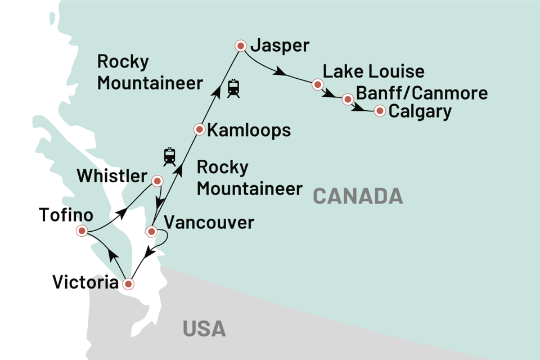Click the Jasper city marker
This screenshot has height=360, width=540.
(x=241, y=46)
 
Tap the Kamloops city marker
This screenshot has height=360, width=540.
(x=199, y=129)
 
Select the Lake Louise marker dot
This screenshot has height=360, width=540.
(x=317, y=85)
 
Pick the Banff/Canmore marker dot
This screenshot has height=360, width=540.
(x=348, y=100)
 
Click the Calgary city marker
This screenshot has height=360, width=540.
(x=380, y=111)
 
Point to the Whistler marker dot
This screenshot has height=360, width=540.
(x=157, y=181)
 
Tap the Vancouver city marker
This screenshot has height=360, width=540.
(x=151, y=231)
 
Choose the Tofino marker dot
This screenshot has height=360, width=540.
(x=82, y=230)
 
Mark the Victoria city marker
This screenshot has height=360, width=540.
(x=129, y=284)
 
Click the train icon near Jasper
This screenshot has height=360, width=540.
(x=233, y=88)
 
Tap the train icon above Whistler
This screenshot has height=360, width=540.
(x=169, y=156)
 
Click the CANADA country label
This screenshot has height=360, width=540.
(x=358, y=196)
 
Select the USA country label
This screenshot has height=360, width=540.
(x=204, y=328)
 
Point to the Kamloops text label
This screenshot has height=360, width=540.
(x=249, y=130)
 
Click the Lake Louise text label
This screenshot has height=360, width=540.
(x=373, y=72)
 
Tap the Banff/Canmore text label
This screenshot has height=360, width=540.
(x=422, y=93)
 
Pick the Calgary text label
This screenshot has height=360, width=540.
(x=420, y=111)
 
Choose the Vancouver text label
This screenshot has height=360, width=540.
(x=208, y=223)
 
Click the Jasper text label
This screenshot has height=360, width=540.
(x=280, y=46)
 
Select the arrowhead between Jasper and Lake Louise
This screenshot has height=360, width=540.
(x=280, y=72)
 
